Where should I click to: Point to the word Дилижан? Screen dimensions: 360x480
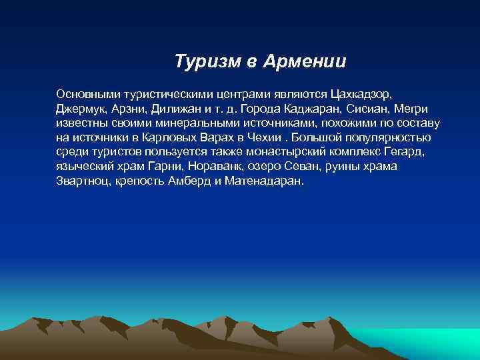point(175,109)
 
